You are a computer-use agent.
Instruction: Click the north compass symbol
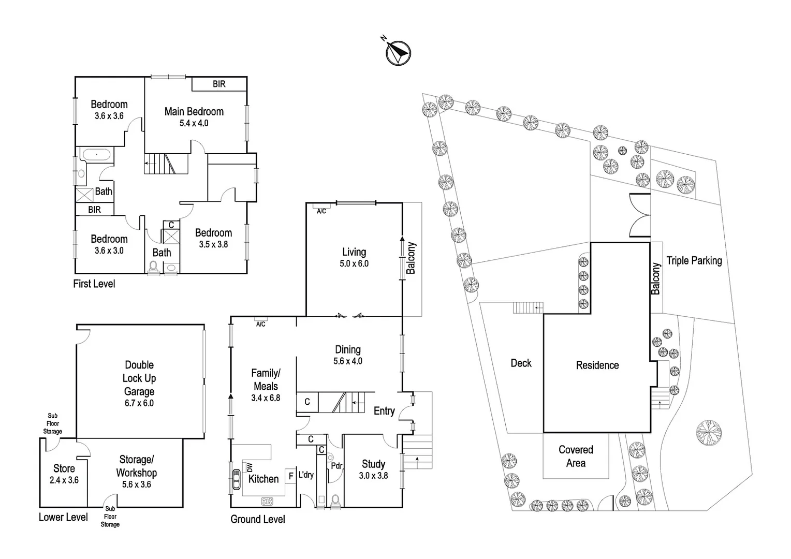398,53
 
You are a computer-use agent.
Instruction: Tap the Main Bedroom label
194,112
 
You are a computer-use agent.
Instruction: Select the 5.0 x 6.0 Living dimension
354,264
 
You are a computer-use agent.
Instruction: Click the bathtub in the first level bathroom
96,155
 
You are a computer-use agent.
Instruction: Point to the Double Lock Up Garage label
139,378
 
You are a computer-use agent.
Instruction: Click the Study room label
373,464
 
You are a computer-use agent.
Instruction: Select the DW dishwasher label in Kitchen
250,467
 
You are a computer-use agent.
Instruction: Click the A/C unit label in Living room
321,211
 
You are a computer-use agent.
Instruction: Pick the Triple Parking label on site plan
694,261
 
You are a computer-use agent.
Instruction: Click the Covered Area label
576,457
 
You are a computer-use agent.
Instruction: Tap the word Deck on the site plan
521,363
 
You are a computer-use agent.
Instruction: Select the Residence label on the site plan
597,365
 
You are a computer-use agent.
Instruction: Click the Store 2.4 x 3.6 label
64,474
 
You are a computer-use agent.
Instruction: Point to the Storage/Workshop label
137,466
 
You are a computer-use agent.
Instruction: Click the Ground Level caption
258,519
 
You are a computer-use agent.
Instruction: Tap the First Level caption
94,284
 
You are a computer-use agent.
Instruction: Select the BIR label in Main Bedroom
219,84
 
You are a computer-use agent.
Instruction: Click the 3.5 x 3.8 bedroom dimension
213,244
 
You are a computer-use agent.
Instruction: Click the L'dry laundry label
306,475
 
